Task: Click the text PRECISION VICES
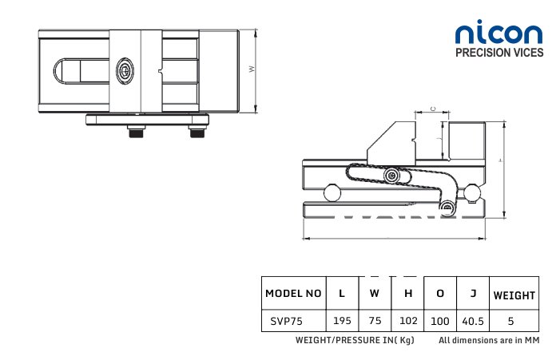click(x=499, y=53)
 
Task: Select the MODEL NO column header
click(x=293, y=293)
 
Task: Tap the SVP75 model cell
click(x=287, y=321)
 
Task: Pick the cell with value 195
click(x=342, y=321)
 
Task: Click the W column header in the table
click(x=375, y=293)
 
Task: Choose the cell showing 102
click(x=408, y=321)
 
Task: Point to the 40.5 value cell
click(x=473, y=321)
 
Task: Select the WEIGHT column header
click(x=514, y=295)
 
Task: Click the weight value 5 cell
click(x=511, y=321)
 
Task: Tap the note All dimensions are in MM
click(x=489, y=340)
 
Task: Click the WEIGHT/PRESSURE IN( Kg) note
click(x=355, y=340)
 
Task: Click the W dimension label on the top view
click(x=252, y=69)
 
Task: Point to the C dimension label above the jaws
click(x=433, y=109)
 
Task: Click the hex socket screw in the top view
click(x=125, y=71)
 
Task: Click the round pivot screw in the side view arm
click(x=391, y=176)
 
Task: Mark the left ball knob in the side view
click(x=332, y=193)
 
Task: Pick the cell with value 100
click(x=440, y=321)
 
